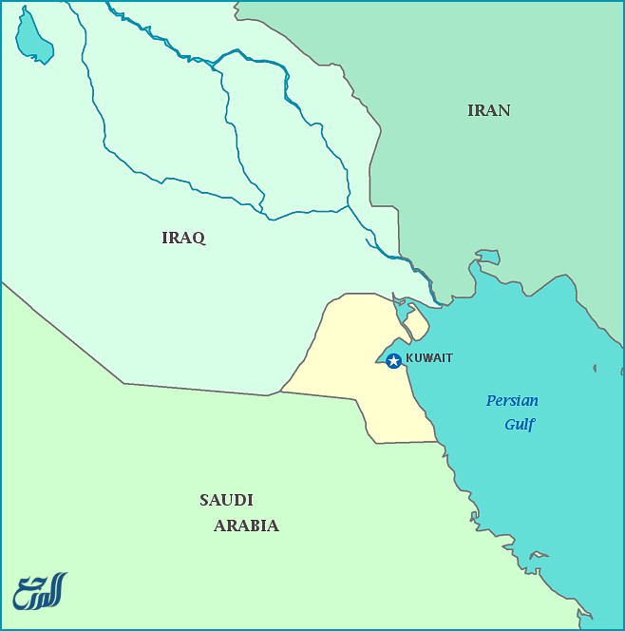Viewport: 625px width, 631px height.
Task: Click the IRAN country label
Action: (488, 110)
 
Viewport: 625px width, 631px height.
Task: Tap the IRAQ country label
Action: (183, 238)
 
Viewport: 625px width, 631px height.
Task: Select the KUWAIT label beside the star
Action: (429, 358)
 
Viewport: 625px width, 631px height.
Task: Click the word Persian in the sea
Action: (512, 401)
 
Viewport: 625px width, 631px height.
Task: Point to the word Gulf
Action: (520, 425)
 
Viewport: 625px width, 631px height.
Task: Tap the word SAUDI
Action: (226, 500)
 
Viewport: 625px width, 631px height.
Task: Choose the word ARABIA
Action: (246, 526)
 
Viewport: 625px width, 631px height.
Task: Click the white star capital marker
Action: (393, 360)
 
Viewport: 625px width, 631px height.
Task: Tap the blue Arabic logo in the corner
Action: (40, 590)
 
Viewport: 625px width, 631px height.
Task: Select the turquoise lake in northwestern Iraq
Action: (33, 39)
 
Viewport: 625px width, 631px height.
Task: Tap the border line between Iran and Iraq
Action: (398, 228)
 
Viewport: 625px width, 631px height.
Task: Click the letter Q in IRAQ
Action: (199, 238)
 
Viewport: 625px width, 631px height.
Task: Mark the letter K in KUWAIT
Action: (409, 358)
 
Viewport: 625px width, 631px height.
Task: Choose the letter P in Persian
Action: (491, 401)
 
